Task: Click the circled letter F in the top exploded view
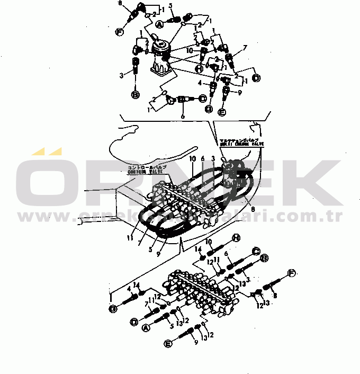(x=119, y=32)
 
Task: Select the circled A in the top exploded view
(x=158, y=23)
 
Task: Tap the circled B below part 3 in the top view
(x=135, y=95)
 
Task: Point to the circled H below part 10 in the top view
(x=199, y=68)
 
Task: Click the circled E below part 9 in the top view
(x=222, y=112)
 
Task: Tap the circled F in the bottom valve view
(x=291, y=273)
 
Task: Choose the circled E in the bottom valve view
(x=168, y=344)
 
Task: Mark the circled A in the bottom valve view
(x=146, y=328)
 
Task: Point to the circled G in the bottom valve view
(x=112, y=308)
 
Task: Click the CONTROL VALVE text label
(x=146, y=168)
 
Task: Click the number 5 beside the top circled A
(x=171, y=6)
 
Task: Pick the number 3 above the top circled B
(x=121, y=75)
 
